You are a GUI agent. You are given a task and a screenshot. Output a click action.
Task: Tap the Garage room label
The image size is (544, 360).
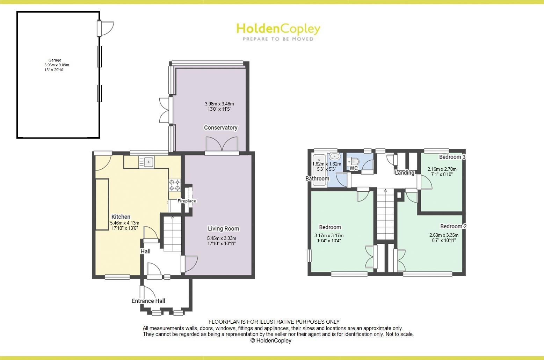point(55,60)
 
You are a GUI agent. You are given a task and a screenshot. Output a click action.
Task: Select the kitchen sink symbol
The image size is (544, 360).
point(146,162)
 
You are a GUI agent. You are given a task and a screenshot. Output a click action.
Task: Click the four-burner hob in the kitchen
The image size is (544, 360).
point(175,185)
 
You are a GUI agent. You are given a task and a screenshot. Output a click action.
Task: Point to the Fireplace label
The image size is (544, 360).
point(187,201)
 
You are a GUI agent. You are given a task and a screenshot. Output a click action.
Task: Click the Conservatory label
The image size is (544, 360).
point(220,127)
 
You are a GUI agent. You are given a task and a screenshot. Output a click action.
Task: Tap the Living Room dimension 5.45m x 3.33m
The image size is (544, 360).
point(222,238)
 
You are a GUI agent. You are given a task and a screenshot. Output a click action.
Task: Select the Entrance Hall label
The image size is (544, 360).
point(148,301)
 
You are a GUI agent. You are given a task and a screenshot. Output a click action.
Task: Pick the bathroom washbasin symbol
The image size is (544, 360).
point(335,156)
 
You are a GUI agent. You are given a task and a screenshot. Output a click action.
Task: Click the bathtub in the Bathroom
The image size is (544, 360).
point(319,170)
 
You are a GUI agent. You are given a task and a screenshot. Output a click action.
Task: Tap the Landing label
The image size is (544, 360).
point(404,172)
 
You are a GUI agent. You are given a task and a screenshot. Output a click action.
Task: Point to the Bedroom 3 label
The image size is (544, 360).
point(452,157)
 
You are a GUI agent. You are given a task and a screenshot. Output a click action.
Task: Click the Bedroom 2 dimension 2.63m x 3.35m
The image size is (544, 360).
point(444,235)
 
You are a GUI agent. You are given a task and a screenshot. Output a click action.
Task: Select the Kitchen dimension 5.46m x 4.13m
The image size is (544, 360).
point(125,223)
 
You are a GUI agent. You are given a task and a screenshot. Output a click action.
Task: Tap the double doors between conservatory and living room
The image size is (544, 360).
point(222,144)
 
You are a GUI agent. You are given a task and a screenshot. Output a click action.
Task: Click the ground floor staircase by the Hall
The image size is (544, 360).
point(172,234)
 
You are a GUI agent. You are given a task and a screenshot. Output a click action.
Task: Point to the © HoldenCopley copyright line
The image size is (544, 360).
point(271,340)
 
